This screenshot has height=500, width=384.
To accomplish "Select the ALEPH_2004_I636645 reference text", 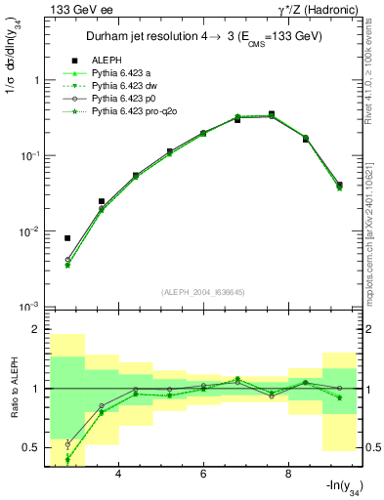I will point(203,291).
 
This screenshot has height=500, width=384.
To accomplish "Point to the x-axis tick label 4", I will point(118,476).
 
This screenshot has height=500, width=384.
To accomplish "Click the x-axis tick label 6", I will point(203,476).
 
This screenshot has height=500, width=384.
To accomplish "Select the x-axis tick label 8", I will point(288,476).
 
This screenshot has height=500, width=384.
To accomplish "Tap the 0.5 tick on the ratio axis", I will point(27,447).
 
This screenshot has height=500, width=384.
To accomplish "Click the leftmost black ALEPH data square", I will point(67,237).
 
